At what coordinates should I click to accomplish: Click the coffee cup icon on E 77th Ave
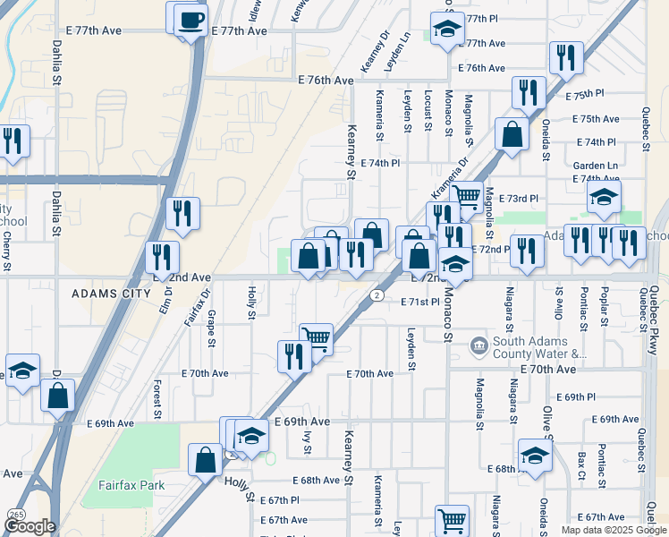pyautogui.click(x=189, y=19)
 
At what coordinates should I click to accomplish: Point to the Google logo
pyautogui.click(x=29, y=526)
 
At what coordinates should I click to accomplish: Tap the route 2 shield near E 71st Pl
pyautogui.click(x=378, y=294)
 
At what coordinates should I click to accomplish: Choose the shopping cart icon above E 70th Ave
pyautogui.click(x=316, y=338)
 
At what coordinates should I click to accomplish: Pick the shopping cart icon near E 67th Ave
pyautogui.click(x=452, y=520)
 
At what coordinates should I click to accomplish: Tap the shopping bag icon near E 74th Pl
pyautogui.click(x=512, y=136)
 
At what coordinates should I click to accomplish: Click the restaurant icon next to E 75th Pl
pyautogui.click(x=529, y=92)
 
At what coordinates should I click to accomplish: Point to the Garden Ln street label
pyautogui.click(x=595, y=166)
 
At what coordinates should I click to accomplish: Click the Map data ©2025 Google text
pyautogui.click(x=612, y=530)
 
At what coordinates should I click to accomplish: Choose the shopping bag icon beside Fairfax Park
pyautogui.click(x=205, y=460)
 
